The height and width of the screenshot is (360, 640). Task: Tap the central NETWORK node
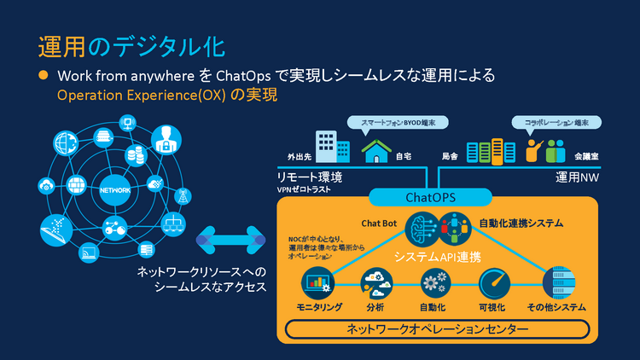pos(115,189)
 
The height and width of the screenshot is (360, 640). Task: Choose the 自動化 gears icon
pos(434,282)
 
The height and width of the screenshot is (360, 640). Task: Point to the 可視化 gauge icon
pos(493,282)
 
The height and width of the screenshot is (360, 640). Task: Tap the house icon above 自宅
pos(376,151)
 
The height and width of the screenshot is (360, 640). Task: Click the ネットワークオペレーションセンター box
pos(438,328)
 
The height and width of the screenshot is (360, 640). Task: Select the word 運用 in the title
pos(59,44)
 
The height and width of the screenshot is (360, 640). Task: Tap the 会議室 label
pos(586,157)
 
